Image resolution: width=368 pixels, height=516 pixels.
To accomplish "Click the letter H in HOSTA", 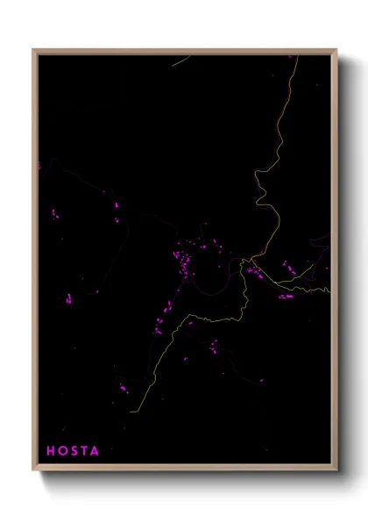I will pos(51,451).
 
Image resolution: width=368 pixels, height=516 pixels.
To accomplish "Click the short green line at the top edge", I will pos(181,61).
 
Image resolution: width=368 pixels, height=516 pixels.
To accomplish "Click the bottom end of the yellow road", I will pos(131,411).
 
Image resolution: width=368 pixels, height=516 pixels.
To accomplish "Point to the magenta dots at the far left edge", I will pos(40,165).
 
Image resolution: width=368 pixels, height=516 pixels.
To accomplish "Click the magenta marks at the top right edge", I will pos(293,57).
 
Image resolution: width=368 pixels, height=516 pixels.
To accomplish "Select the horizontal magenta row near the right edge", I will pos(286,297).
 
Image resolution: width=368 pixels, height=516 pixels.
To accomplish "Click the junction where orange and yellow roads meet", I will pos(251,261).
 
